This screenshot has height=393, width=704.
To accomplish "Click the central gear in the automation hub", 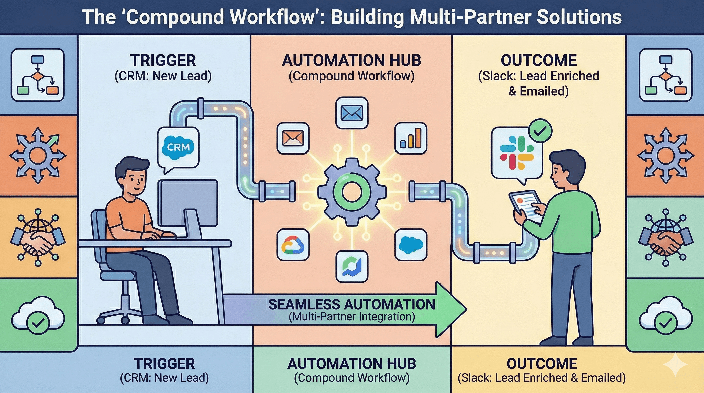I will (352, 192).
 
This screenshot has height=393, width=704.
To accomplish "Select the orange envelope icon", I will (293, 138).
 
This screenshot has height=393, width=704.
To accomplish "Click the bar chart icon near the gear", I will (411, 138).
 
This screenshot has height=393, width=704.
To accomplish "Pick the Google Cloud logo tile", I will (293, 245).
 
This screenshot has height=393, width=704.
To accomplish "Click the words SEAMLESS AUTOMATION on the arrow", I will (351, 304).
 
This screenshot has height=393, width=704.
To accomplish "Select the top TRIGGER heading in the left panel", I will (163, 61).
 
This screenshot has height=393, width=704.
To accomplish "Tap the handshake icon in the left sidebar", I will (38, 237).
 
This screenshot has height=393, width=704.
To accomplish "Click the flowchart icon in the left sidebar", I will (38, 75).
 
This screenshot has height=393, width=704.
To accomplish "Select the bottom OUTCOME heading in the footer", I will (541, 364).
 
